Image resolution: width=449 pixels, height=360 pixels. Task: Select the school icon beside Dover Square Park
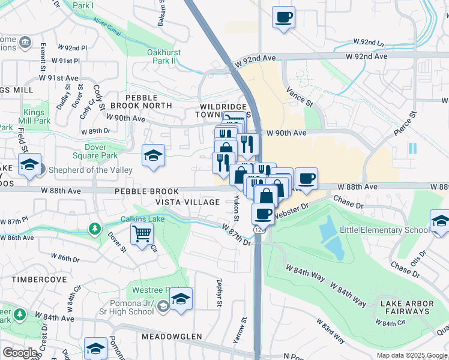tap(153, 155)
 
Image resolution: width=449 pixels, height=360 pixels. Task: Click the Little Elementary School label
tap(384, 230)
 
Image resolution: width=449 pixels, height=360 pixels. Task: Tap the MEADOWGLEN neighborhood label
tap(172, 337)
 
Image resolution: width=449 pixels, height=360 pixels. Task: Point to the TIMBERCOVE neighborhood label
tap(26, 280)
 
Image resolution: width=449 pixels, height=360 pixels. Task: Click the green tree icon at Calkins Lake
tap(95, 229)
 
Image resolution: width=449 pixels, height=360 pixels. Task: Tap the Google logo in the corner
tap(20, 353)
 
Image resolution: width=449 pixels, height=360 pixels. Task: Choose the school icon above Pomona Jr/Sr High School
tap(180, 298)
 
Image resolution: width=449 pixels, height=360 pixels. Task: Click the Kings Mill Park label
tap(37, 116)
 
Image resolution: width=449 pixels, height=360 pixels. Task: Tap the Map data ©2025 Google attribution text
tap(412, 355)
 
